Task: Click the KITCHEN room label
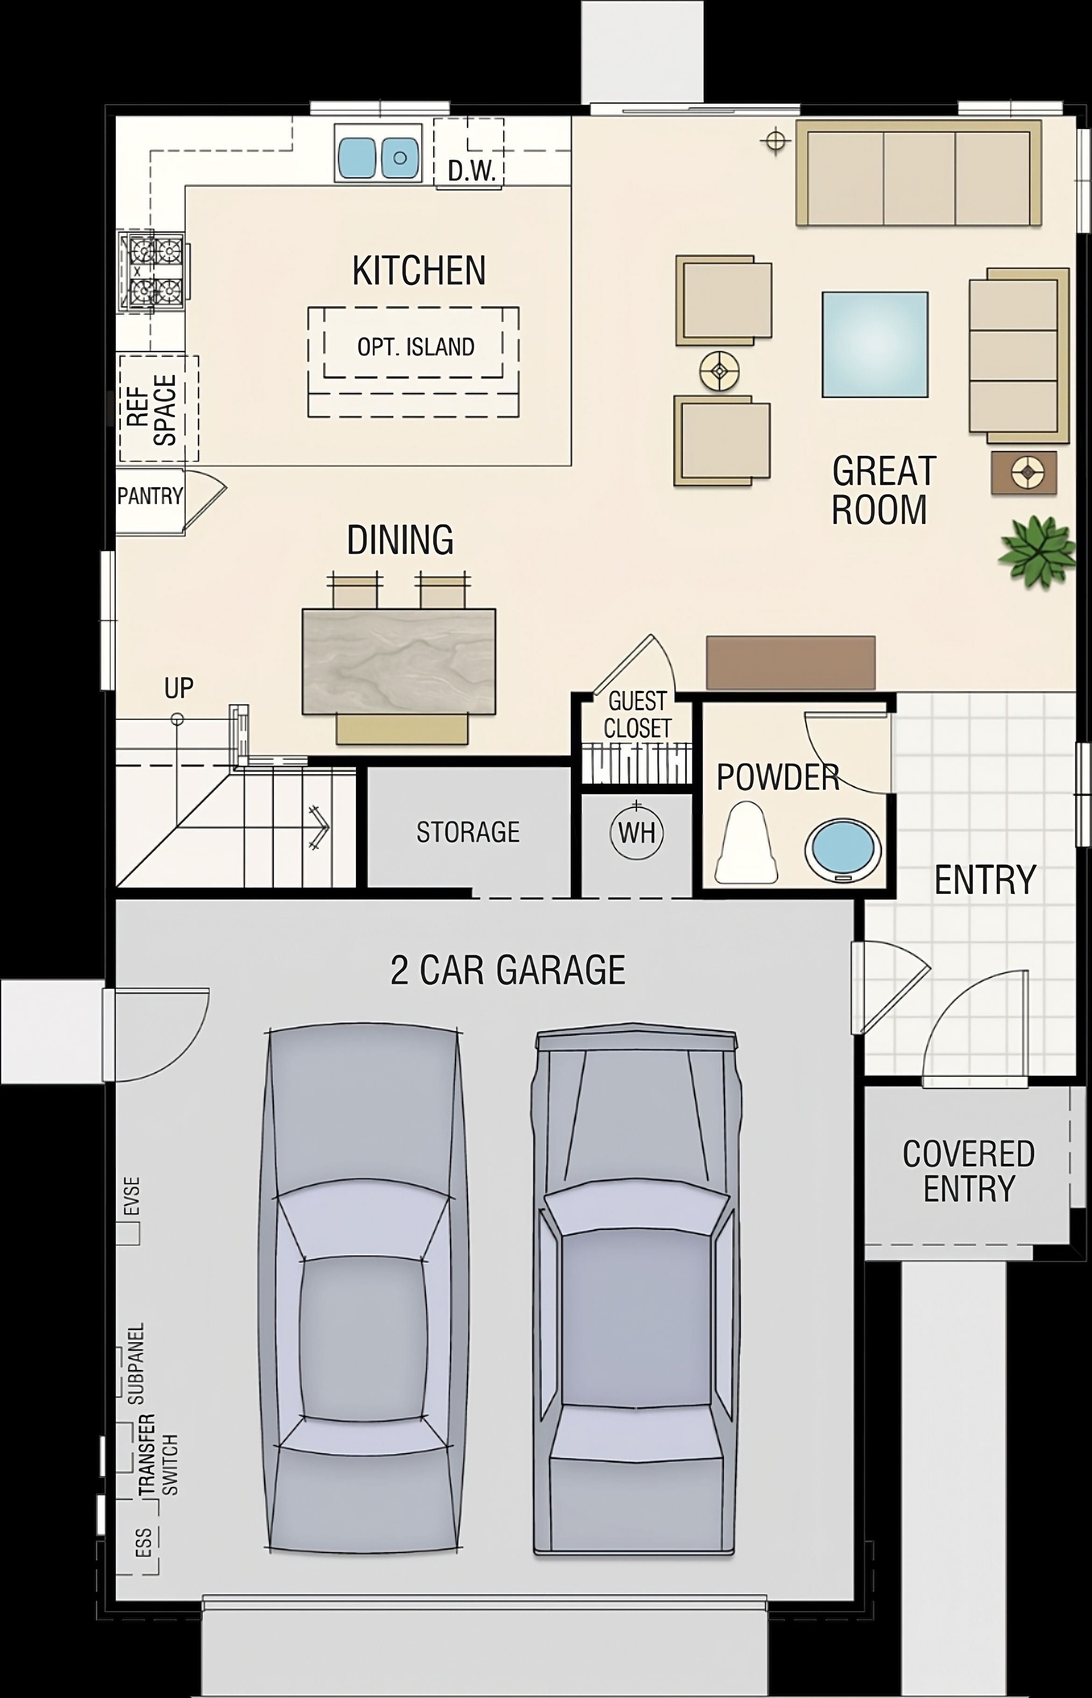pos(419,271)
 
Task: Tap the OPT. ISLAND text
pos(416,347)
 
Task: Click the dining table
pos(398,661)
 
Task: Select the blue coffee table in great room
pos(875,344)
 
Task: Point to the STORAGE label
pos(468,832)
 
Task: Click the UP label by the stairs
pos(179,688)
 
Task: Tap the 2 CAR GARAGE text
pos(508,970)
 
